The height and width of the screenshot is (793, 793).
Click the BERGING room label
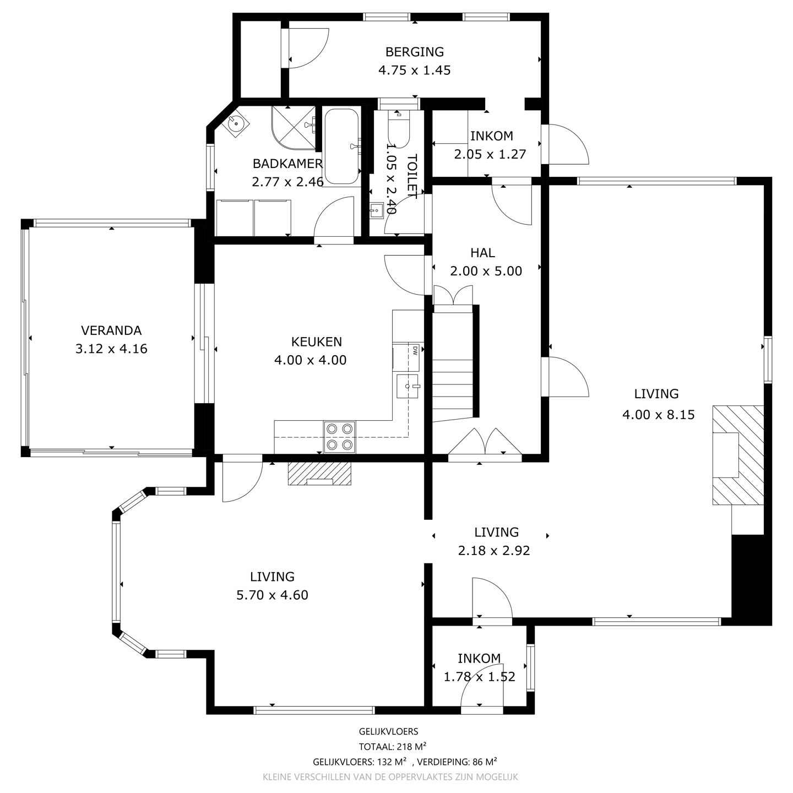click(x=414, y=52)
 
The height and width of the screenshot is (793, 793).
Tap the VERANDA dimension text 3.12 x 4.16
click(x=111, y=349)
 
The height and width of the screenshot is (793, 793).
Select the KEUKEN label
click(x=310, y=341)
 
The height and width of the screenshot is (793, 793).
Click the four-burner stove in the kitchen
click(x=339, y=437)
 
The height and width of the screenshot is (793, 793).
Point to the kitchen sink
click(x=408, y=385)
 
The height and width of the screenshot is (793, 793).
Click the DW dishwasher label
click(x=414, y=349)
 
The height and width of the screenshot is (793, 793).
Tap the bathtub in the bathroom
click(x=341, y=146)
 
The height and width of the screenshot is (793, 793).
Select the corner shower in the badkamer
click(x=293, y=128)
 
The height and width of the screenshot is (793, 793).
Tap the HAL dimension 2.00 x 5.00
click(x=486, y=271)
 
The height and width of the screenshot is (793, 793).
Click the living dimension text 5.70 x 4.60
click(x=272, y=595)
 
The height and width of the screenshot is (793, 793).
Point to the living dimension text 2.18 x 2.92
click(x=493, y=550)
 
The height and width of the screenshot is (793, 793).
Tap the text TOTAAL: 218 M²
click(x=393, y=747)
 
